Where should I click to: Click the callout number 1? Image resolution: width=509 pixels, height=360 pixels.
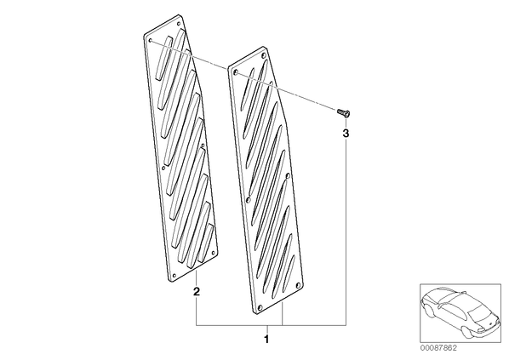point(266,340)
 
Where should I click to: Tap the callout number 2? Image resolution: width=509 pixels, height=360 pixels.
point(197,291)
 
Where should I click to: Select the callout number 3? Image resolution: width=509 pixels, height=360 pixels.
point(346,133)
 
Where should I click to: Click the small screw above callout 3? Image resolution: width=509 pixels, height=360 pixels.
point(344,112)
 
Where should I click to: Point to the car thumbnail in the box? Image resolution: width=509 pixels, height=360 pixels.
point(460,313)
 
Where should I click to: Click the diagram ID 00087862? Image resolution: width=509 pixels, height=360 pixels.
point(438,348)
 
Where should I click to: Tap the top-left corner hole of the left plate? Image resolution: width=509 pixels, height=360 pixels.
point(151,41)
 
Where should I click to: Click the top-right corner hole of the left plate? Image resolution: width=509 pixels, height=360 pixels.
point(178,23)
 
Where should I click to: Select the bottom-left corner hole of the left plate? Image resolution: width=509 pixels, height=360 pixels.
point(174,275)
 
